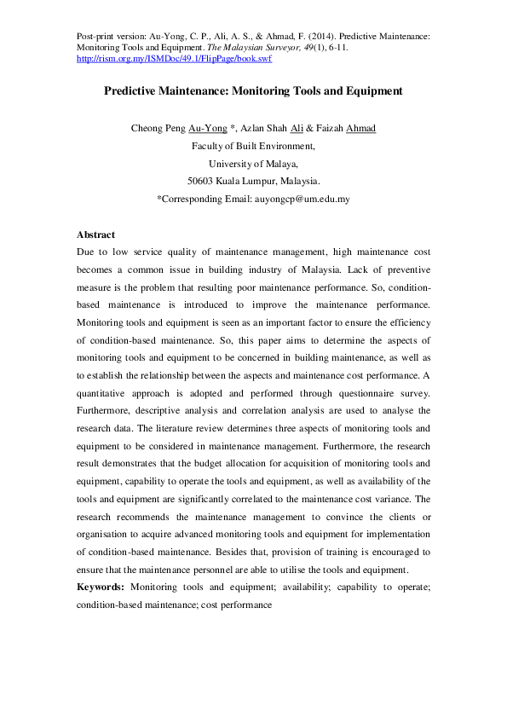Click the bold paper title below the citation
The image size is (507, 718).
253,90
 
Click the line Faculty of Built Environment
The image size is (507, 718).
253,146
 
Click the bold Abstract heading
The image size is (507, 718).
95,235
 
